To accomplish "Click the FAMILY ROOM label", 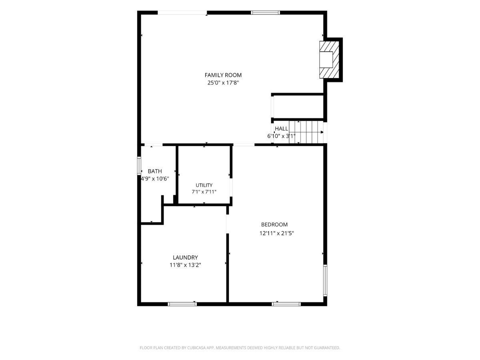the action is pos(223,75).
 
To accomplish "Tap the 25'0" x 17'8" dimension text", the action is pos(223,83).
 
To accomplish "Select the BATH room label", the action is pos(155,171).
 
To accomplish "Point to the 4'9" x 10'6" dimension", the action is pos(155,179).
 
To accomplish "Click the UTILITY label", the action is pos(204,185).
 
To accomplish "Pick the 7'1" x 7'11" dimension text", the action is pos(204,192).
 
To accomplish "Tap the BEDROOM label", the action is pos(274,224).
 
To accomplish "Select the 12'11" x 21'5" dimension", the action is pos(277,233).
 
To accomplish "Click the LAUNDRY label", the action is pos(186,258).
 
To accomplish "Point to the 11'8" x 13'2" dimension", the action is pos(186,265).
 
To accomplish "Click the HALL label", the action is pos(282,129).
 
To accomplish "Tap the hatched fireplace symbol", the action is pos(329,60).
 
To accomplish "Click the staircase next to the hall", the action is pos(306,132).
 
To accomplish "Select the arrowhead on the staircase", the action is pos(322,132).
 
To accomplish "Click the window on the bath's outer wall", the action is pos(139,166).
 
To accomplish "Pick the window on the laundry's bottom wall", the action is pos(182,304).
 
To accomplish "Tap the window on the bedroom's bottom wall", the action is pos(286,304).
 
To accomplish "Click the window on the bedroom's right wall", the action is pos(325,280).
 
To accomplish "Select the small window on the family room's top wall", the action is pos(265,13).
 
